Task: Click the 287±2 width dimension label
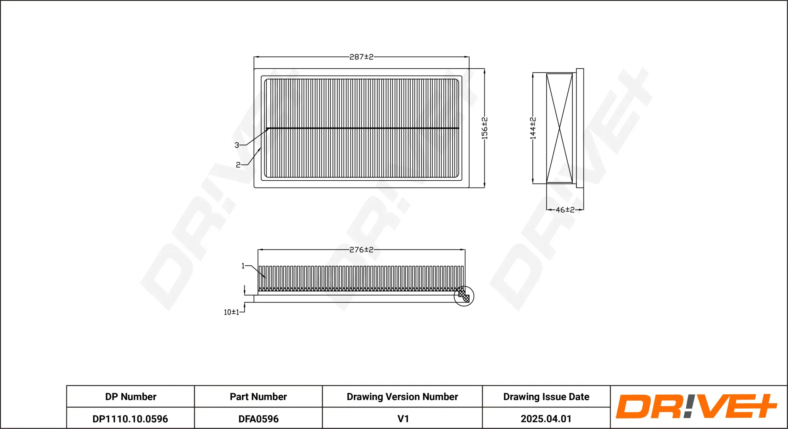click(361, 57)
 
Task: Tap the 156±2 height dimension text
click(484, 128)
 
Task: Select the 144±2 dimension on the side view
click(533, 128)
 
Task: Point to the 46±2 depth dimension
click(565, 210)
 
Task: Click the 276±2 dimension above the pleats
click(361, 250)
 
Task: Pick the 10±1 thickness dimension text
click(231, 312)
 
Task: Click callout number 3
click(237, 145)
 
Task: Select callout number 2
click(238, 165)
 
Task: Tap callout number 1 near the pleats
click(243, 266)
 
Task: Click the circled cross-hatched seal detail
click(464, 296)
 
